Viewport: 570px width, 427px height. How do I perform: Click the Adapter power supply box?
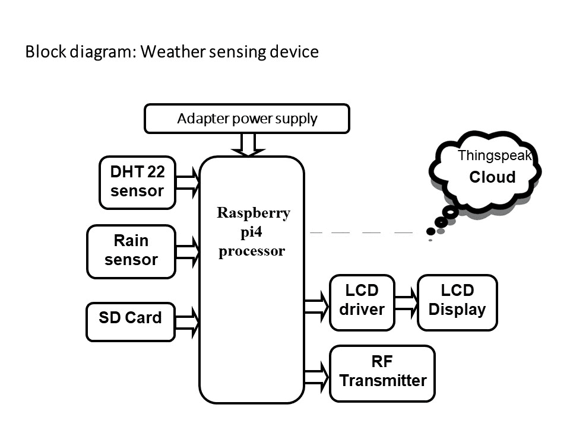247,119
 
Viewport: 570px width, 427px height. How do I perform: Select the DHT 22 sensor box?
137,183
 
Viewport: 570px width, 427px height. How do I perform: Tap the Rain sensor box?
131,251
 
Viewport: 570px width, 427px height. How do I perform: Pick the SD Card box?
131,322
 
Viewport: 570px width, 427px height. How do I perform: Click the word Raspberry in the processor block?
254,213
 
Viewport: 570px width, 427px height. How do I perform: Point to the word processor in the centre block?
252,251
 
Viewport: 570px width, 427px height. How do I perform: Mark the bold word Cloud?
492,177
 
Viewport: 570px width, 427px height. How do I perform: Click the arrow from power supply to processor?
248,144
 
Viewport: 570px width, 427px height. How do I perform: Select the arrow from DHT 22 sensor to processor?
188,182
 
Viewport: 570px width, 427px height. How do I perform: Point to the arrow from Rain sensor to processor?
188,251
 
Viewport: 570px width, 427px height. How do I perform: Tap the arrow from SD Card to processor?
188,321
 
